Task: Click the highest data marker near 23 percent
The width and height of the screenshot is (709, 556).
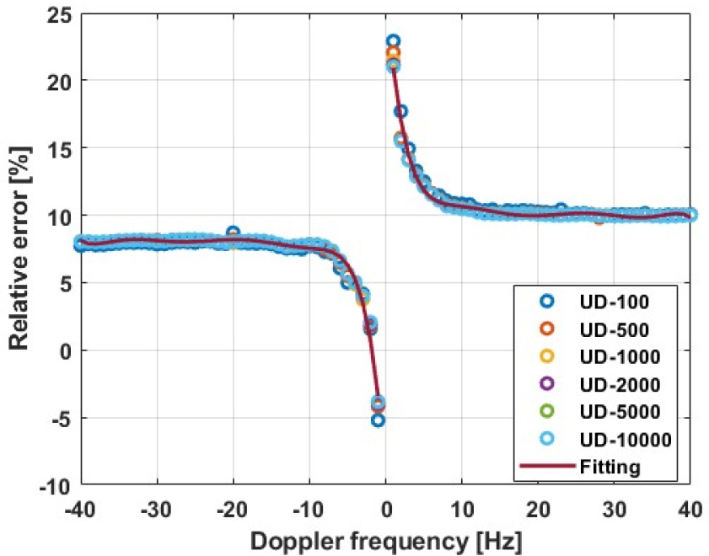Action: [393, 40]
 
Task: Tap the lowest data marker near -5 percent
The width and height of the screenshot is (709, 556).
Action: [378, 420]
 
